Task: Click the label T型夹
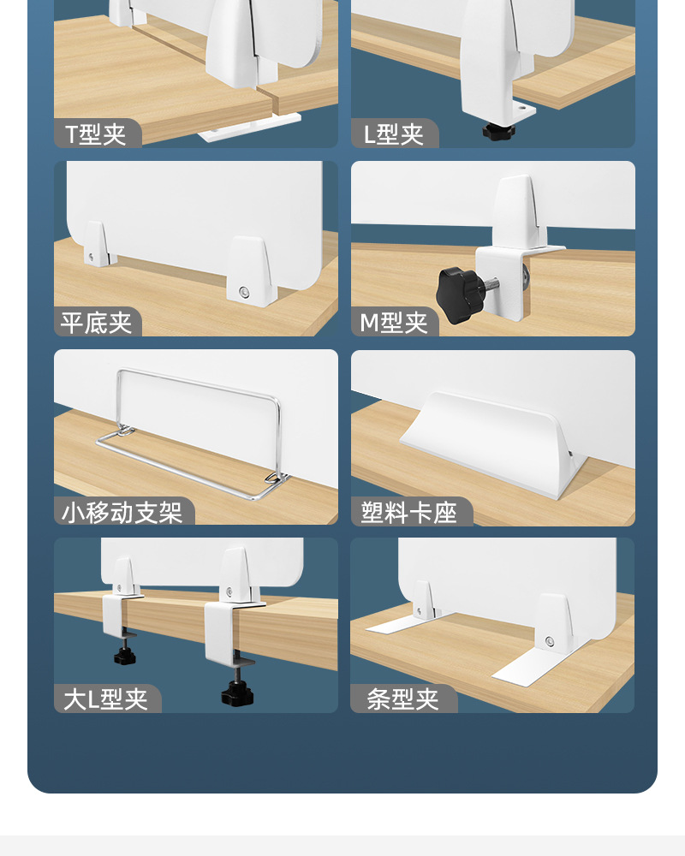tap(96, 134)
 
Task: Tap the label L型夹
tap(393, 134)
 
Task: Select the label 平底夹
tap(96, 323)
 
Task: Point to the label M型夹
tap(393, 323)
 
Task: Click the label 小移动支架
tap(122, 512)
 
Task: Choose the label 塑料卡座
tap(408, 512)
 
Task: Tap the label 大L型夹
tap(105, 699)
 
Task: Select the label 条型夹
tap(402, 699)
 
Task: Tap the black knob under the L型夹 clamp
tap(498, 132)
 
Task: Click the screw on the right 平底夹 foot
tap(244, 293)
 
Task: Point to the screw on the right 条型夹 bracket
tap(550, 641)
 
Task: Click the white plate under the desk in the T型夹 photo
tap(248, 128)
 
